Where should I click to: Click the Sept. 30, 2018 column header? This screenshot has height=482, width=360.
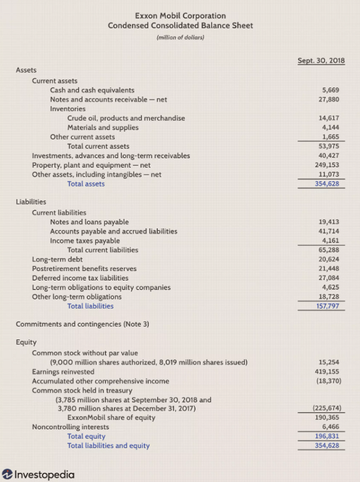point(321,61)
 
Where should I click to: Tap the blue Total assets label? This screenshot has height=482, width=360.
point(86,183)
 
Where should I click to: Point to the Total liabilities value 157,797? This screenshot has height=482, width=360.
point(328,306)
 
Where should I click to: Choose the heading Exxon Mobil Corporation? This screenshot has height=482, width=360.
point(180,16)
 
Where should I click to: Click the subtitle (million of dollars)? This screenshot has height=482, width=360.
point(180,37)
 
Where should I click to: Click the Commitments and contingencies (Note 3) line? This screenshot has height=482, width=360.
point(82,324)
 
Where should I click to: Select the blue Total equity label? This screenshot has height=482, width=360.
point(86,436)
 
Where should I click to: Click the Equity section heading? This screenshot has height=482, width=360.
point(26,342)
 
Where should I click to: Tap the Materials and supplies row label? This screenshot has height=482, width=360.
point(103,127)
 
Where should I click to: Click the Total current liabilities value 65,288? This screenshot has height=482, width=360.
point(329,249)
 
